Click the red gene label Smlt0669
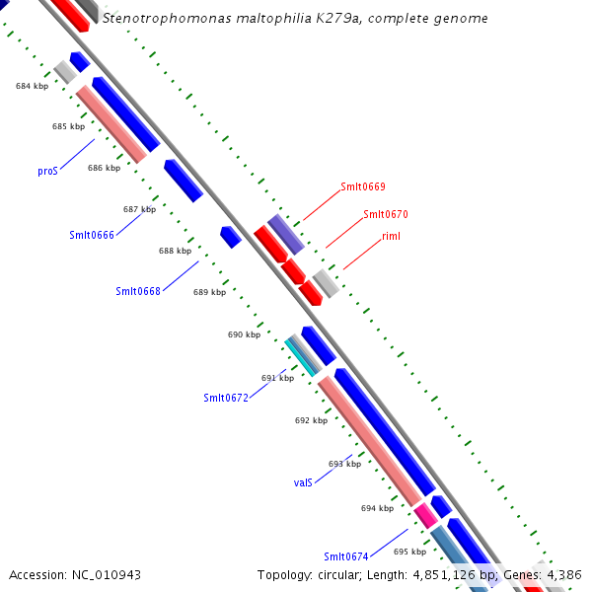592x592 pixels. click(363, 186)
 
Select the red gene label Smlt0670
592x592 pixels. click(386, 214)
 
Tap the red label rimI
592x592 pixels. click(392, 237)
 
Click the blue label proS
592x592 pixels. click(48, 171)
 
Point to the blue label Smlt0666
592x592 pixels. click(92, 235)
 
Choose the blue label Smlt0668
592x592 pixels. click(138, 291)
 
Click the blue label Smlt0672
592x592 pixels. click(226, 398)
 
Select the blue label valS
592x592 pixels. click(303, 482)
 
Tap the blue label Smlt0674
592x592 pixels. click(346, 557)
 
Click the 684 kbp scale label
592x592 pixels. click(33, 87)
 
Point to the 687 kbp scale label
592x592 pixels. click(139, 209)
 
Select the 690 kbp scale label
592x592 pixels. click(244, 334)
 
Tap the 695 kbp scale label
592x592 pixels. click(409, 552)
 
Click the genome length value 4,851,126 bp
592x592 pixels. click(457, 574)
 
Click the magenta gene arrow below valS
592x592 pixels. click(425, 514)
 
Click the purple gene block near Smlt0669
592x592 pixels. click(286, 234)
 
